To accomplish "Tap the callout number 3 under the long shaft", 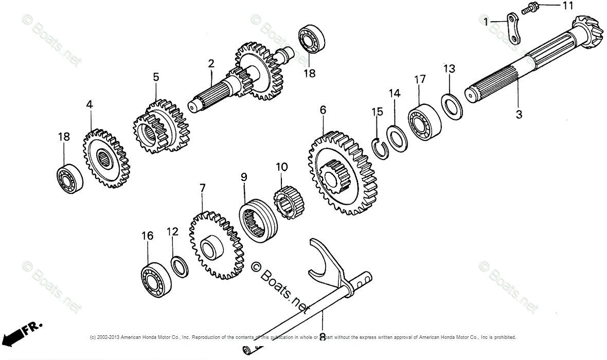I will click(x=519, y=115).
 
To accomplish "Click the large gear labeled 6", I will click(x=342, y=172).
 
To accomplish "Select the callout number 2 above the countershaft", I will click(x=211, y=64).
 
